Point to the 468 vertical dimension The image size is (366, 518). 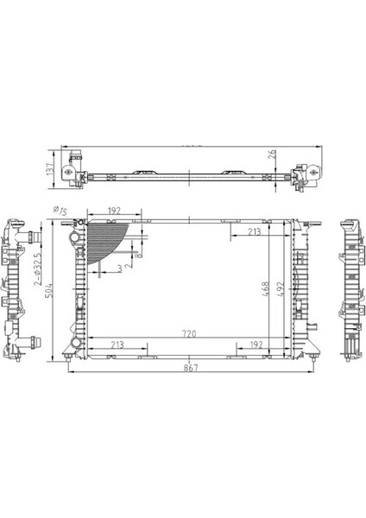pos(267,287)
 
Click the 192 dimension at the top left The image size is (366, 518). pos(113,210)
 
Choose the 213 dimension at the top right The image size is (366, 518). pos(254,231)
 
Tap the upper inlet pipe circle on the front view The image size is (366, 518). pos(79,236)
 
